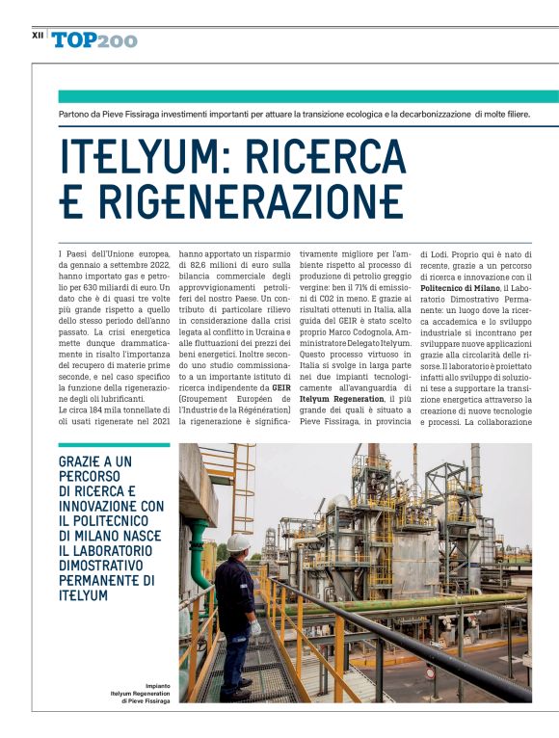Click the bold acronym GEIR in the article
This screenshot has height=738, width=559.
pos(281,387)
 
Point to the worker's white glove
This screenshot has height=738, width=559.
pos(255,626)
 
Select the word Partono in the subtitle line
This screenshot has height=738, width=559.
pos(76,115)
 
